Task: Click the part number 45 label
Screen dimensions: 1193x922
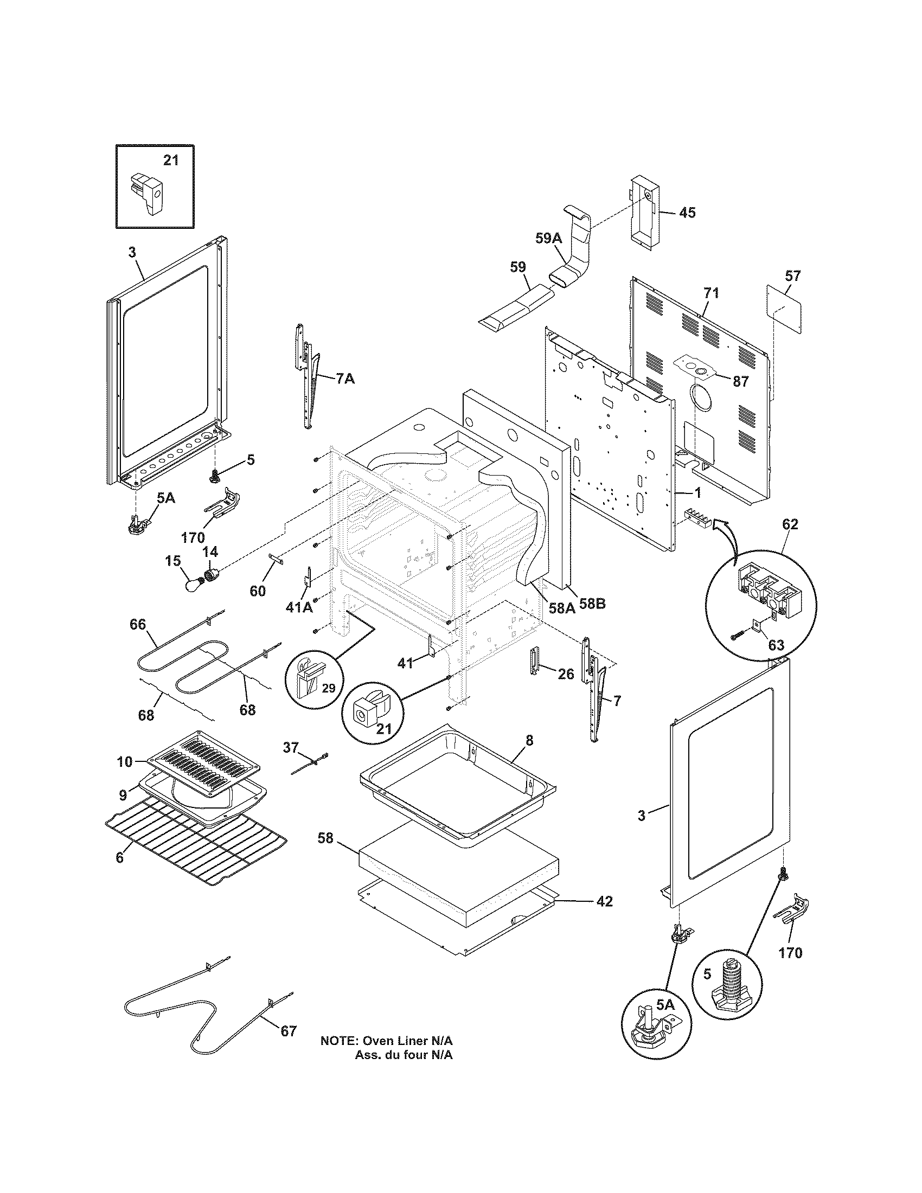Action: tap(687, 212)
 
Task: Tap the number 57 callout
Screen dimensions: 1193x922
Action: tap(792, 276)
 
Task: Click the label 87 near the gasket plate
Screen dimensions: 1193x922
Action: tap(740, 381)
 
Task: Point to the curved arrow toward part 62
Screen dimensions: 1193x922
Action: tap(726, 524)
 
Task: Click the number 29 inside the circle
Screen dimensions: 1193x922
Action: tap(328, 688)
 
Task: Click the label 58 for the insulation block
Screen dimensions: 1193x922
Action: tap(325, 837)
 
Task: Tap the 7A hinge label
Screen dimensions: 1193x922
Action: tap(344, 378)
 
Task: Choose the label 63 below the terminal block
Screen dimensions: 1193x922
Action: tap(776, 645)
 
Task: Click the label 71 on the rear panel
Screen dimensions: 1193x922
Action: tap(710, 293)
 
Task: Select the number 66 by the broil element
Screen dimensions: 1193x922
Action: tap(138, 623)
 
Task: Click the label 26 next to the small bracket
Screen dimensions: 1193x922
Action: tap(566, 674)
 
